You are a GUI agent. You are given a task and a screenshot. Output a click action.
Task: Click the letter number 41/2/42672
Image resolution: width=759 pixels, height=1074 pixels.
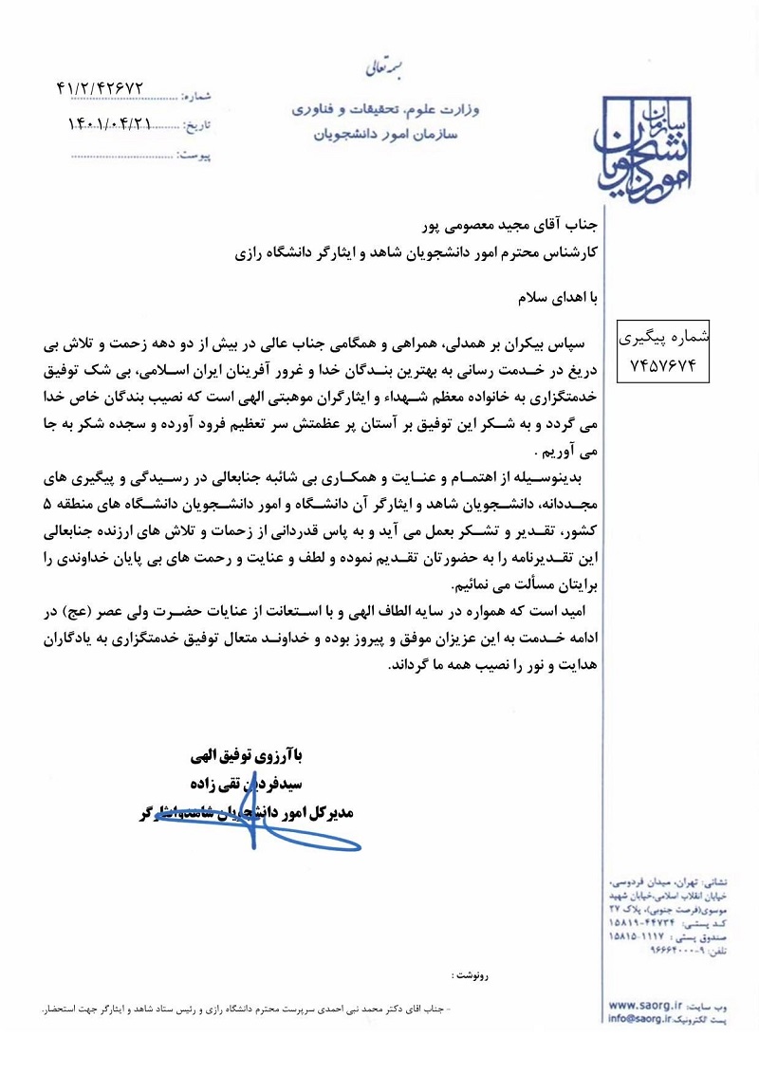(x=113, y=86)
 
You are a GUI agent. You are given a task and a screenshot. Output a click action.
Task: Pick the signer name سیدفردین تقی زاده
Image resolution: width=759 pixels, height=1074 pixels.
(x=244, y=785)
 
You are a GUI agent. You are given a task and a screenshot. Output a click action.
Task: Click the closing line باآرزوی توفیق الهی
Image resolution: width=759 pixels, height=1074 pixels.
(x=244, y=757)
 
